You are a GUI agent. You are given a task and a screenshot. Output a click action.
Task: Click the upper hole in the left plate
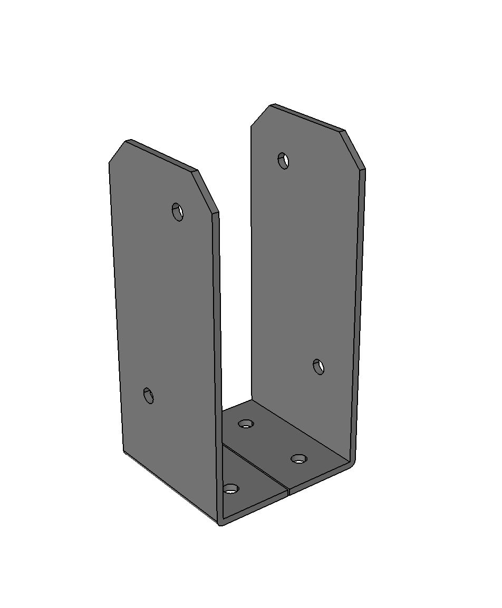click(178, 212)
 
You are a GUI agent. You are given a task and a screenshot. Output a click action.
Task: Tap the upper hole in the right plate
click(284, 160)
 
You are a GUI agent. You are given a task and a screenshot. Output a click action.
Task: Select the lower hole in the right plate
click(318, 366)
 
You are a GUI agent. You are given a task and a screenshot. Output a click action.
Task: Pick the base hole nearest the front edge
click(231, 489)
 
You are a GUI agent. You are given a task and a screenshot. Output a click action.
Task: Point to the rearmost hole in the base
click(246, 423)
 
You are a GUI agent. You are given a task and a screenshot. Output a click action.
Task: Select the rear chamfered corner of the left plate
click(117, 151)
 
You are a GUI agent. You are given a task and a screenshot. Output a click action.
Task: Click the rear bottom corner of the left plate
click(124, 452)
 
